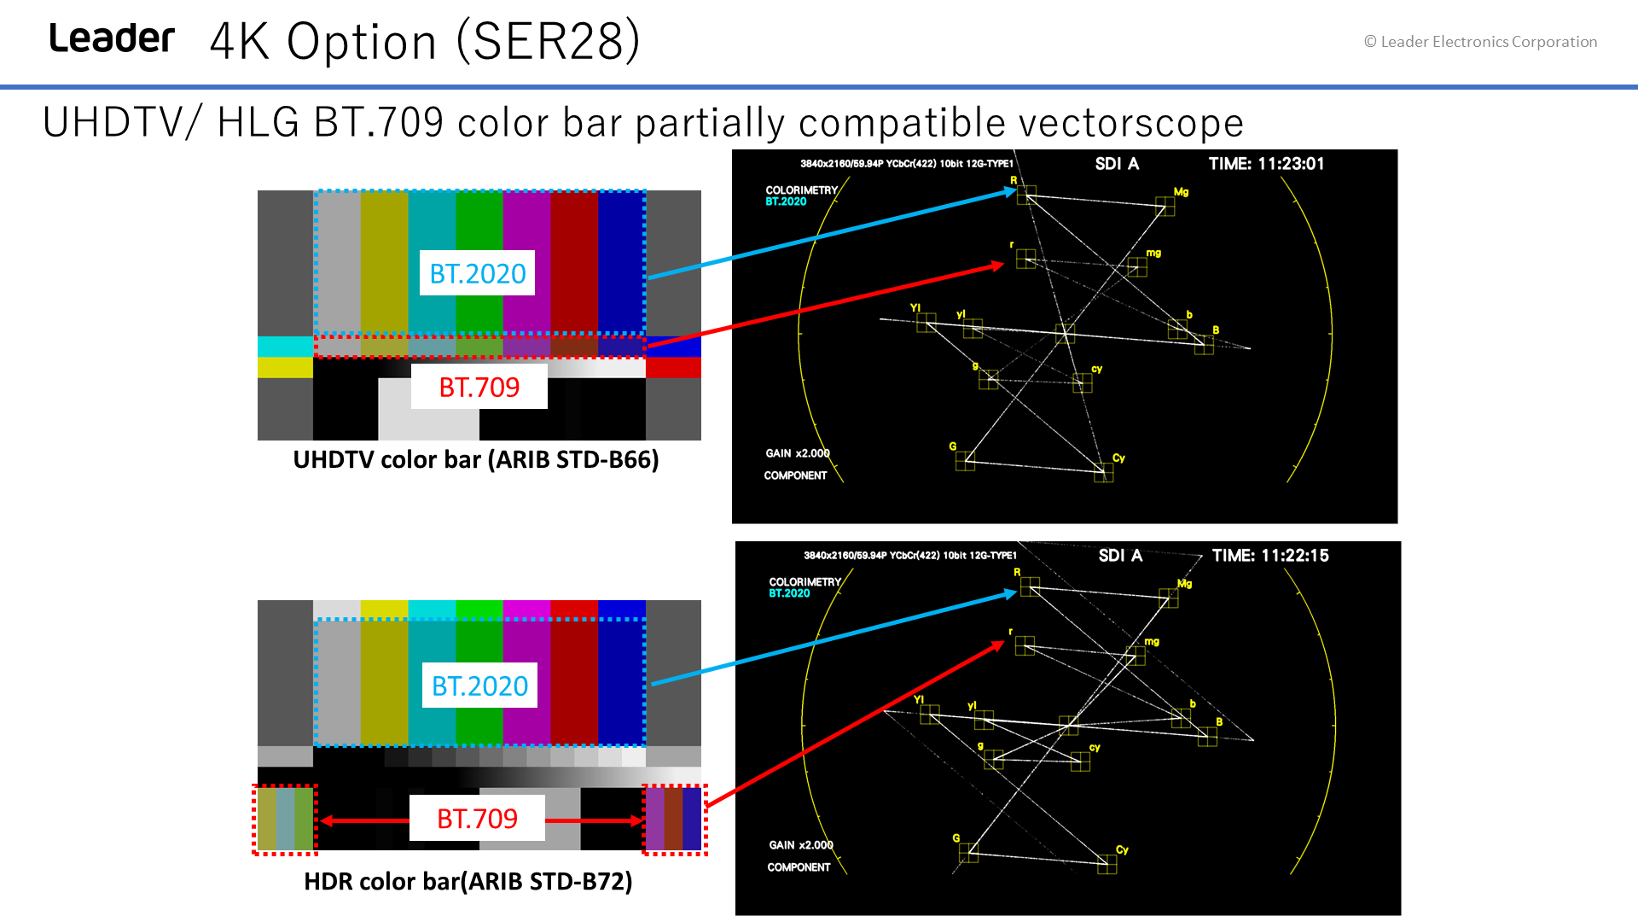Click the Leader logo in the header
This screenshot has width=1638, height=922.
(112, 38)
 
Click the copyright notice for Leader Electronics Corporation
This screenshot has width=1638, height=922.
(1480, 42)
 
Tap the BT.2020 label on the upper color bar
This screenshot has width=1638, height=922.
(478, 273)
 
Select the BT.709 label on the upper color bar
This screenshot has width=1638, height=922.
(479, 387)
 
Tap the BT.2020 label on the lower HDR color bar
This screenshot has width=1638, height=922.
(479, 686)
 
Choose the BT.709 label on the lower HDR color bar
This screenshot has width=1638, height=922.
(478, 819)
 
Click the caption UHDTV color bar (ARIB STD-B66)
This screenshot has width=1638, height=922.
(476, 459)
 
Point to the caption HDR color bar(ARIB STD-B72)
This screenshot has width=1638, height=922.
(468, 881)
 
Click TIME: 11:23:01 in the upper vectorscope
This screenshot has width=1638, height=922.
(1266, 164)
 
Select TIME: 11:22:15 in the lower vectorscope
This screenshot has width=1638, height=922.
(1270, 556)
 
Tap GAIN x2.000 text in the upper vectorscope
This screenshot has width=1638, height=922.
(798, 453)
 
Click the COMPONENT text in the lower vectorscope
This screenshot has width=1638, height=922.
(799, 867)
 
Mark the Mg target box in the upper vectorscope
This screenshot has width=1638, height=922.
(1165, 207)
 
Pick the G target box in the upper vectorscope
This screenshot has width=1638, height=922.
(965, 461)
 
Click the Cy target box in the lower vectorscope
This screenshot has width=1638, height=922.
(1107, 865)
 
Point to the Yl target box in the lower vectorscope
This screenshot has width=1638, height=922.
(930, 715)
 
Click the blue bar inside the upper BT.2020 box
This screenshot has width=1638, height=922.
(622, 262)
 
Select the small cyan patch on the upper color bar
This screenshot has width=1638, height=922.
(285, 346)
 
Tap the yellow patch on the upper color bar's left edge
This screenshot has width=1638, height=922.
(285, 367)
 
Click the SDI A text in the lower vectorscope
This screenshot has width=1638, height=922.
(1120, 556)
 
